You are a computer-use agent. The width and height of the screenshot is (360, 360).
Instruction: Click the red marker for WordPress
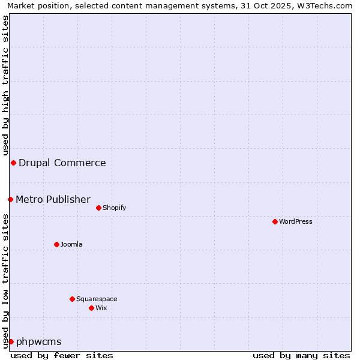pos(275,221)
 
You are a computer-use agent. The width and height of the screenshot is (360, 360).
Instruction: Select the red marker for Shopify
pos(98,208)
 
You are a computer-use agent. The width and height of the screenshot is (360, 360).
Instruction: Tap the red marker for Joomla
pos(56,244)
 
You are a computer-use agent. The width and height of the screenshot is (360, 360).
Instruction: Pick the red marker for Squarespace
pos(72,299)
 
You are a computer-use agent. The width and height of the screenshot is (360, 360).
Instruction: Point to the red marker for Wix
pos(91,308)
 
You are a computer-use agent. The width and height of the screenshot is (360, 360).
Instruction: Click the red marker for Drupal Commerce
pos(13,163)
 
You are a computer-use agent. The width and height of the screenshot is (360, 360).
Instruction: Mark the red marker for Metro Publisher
pos(10,199)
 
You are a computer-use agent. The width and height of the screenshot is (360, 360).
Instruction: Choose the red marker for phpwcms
pos(11,341)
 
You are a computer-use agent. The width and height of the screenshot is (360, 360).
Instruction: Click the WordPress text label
pos(296,221)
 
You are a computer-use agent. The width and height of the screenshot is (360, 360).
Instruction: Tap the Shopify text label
pos(114,208)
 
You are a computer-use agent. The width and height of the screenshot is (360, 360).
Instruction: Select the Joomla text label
pos(71,244)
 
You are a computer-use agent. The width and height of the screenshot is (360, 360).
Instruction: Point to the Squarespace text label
pos(97,299)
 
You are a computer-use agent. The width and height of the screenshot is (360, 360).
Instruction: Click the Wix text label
pos(101,308)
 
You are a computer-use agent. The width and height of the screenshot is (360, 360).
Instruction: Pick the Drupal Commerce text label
pos(62,163)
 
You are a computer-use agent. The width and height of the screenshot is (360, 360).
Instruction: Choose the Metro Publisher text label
pos(53,199)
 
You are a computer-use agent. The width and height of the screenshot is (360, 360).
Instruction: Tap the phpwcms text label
pos(39,341)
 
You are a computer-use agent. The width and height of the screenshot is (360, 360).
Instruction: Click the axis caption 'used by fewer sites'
pos(62,355)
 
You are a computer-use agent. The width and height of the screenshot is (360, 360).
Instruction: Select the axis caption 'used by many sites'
pos(301,355)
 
